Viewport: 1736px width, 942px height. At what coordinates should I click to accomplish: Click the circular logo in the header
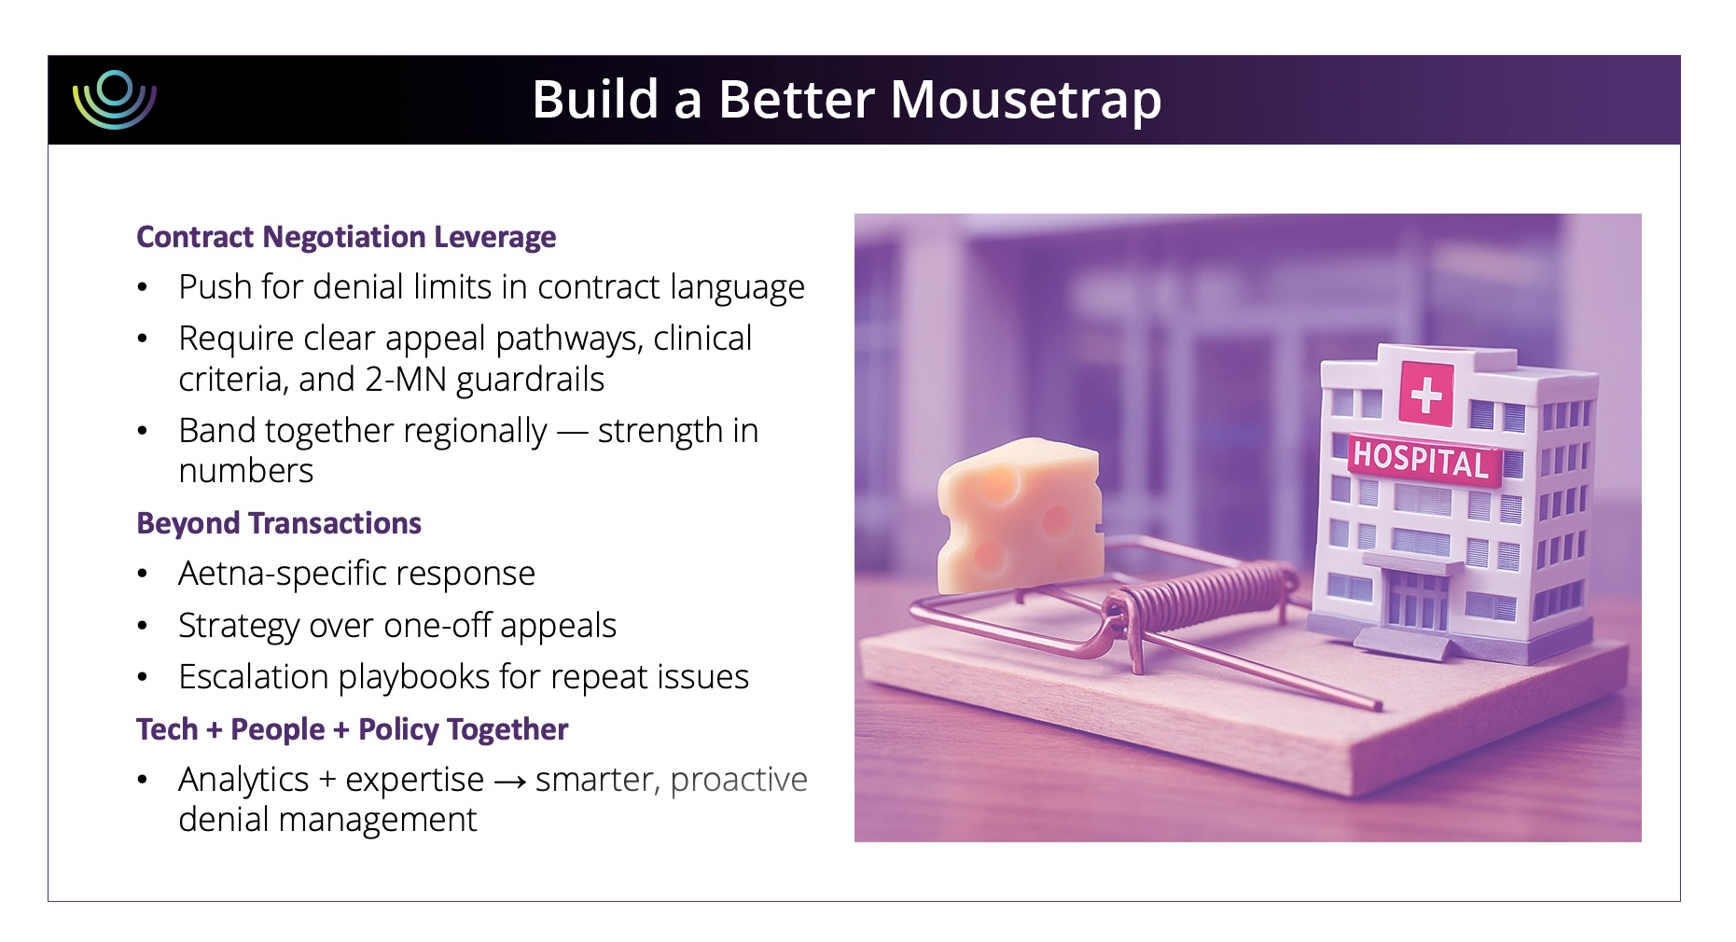pos(115,99)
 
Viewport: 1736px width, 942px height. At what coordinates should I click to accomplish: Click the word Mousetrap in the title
pos(1025,100)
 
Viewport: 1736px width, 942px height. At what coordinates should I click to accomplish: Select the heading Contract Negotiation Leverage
pos(346,237)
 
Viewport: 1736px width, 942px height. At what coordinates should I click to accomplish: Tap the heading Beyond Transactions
pos(279,523)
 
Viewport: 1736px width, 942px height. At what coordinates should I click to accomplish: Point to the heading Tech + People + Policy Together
pos(352,729)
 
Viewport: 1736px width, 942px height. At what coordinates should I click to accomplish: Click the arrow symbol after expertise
pos(509,782)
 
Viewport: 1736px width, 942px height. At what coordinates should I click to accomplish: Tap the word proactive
pos(738,780)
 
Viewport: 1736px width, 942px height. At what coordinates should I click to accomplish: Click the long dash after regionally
pos(572,432)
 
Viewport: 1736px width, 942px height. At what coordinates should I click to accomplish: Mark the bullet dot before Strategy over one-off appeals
pos(143,626)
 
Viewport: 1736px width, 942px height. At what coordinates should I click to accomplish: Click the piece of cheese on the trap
pos(1019,514)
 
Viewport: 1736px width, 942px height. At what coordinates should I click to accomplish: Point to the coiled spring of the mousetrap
pos(1203,597)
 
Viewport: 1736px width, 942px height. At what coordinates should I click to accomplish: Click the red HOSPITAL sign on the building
pos(1421,460)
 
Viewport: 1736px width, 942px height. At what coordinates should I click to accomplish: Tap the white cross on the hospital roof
pos(1426,394)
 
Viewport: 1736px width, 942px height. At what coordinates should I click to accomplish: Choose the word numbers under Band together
pos(245,471)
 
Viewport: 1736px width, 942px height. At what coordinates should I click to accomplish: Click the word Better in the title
pos(797,100)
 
